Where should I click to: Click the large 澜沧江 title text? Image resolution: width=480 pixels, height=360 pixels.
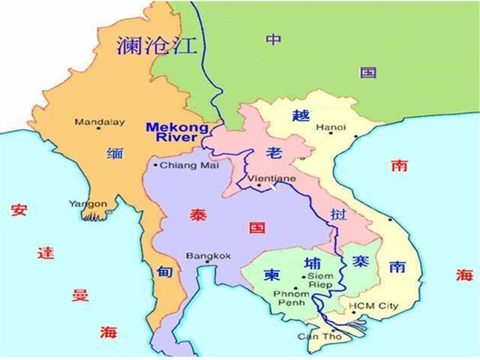[157, 46]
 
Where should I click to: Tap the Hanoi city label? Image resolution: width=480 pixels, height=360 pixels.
[331, 128]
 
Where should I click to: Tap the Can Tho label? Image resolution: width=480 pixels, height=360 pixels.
[313, 335]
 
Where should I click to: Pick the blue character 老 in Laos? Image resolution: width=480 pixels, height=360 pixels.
[273, 153]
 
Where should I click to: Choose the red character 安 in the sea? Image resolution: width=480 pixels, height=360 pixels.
[19, 211]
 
